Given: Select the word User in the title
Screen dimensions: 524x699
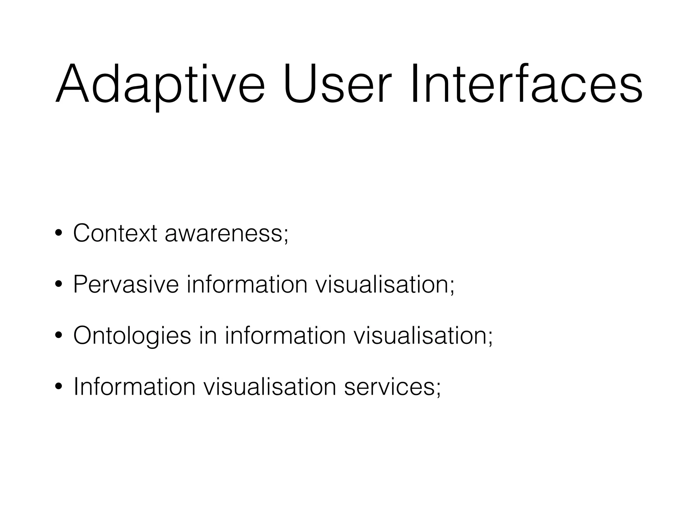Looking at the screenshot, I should tap(335, 84).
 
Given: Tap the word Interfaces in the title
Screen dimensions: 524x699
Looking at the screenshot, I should tap(526, 84).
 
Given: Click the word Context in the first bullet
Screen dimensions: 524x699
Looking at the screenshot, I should tap(115, 234).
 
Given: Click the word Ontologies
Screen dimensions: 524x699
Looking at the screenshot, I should tap(132, 336).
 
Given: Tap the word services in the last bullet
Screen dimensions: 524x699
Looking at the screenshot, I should tap(389, 387).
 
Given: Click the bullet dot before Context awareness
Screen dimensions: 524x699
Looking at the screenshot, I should tap(59, 234).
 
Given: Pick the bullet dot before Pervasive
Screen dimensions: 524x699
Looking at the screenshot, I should tap(59, 285).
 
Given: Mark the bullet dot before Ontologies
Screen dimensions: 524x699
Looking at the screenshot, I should tap(59, 336).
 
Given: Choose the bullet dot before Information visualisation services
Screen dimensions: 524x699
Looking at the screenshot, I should tap(59, 387).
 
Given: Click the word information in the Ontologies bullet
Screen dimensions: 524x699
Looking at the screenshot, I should tap(285, 336).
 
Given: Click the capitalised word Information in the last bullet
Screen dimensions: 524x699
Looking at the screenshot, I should tap(134, 387).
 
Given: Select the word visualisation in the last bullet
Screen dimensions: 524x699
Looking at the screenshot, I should tap(270, 387).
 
